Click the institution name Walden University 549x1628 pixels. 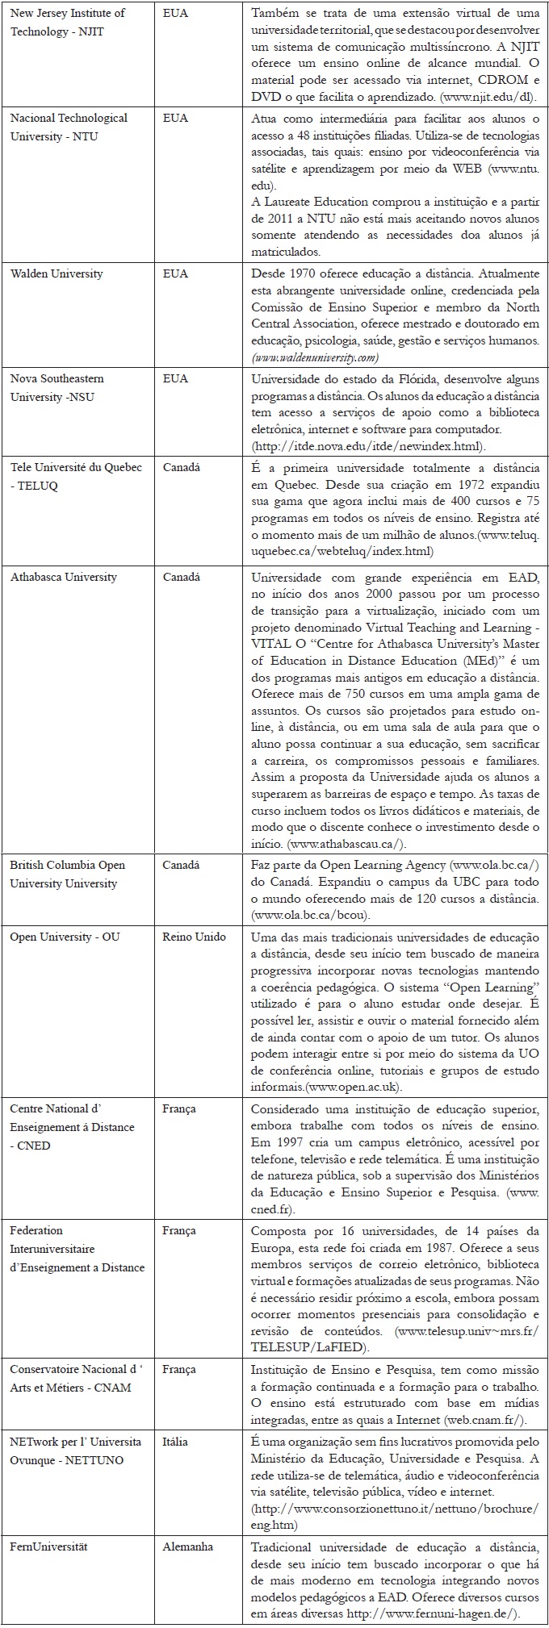[57, 273]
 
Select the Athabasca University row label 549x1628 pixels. [63, 577]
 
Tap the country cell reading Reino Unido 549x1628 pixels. [194, 937]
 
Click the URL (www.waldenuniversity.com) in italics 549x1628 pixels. [315, 357]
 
